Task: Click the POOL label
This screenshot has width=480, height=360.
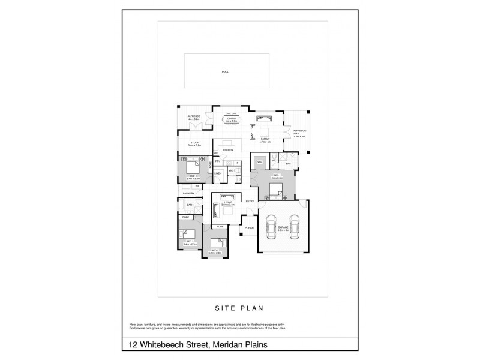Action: [x=225, y=72]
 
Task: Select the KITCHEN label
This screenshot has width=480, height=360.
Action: [x=227, y=150]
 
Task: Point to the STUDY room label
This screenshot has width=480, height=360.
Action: [x=193, y=143]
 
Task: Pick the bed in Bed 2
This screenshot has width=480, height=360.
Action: [x=217, y=244]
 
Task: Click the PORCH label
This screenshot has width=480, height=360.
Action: [x=249, y=228]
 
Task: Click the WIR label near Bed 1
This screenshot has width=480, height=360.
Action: [x=260, y=163]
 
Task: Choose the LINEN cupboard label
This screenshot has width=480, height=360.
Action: [x=218, y=174]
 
